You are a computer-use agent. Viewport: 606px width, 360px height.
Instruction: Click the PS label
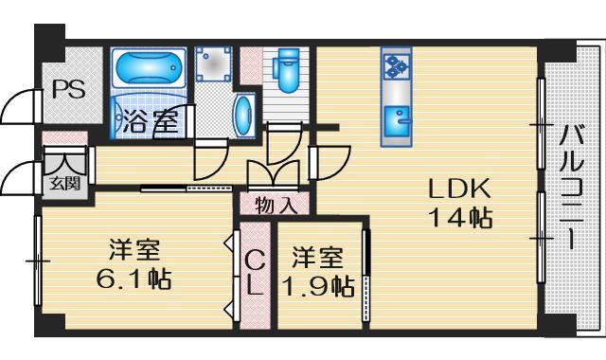pos(67,91)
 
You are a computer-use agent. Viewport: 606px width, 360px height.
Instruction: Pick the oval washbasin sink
pos(242,115)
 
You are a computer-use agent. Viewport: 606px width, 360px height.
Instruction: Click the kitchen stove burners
pos(395,67)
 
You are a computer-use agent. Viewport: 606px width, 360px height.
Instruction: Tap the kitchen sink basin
pos(396,121)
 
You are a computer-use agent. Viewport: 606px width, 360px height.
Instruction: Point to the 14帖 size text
pos(457,218)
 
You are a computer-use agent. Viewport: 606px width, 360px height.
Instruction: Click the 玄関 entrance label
pos(64,184)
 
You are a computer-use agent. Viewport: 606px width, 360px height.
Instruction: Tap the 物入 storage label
pos(276,204)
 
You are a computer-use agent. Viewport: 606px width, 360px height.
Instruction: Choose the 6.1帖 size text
pos(132,281)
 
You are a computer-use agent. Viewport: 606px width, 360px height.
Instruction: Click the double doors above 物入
pos(271,173)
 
